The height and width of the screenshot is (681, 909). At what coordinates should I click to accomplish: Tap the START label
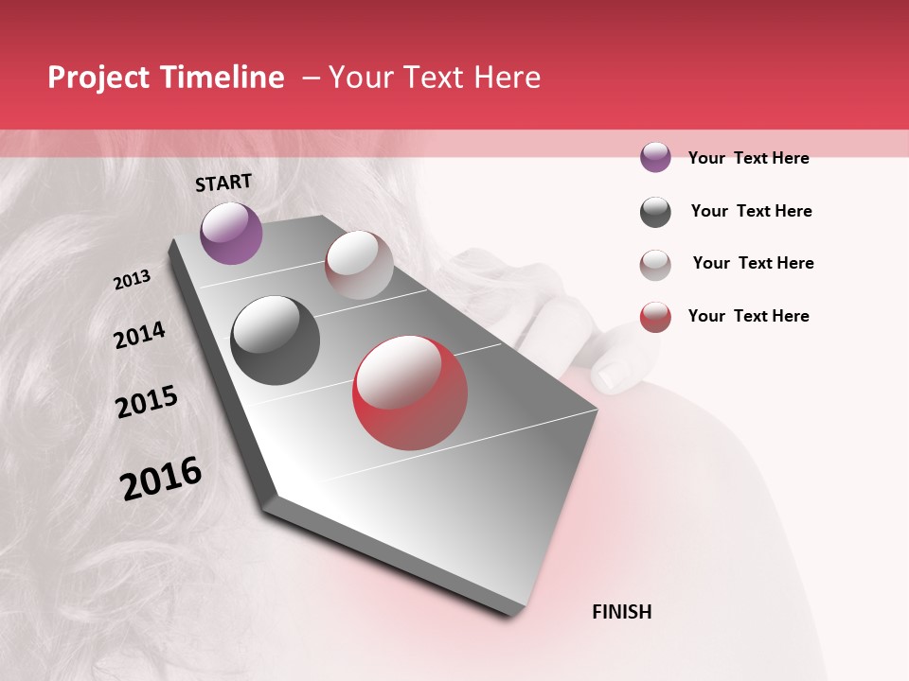click(x=223, y=183)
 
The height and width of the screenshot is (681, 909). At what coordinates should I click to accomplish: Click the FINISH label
click(x=622, y=612)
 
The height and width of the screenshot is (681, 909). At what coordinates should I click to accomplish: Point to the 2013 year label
click(x=133, y=280)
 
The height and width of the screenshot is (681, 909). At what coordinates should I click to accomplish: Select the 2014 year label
click(x=140, y=335)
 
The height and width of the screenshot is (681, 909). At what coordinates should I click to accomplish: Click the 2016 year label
click(x=161, y=479)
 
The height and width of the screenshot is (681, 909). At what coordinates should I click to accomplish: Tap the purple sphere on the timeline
click(x=231, y=233)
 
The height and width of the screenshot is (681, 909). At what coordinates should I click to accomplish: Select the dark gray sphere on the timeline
click(x=275, y=340)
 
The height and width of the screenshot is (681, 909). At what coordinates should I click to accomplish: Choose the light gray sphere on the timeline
click(x=359, y=264)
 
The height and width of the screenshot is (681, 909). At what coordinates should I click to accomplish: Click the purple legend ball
click(x=655, y=157)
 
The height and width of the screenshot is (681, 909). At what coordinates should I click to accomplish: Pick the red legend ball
click(x=655, y=317)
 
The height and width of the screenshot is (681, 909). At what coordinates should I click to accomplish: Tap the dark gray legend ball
click(x=655, y=212)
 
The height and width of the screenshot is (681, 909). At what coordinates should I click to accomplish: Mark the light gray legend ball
click(x=655, y=265)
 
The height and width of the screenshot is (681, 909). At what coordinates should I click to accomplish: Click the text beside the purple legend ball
click(x=748, y=158)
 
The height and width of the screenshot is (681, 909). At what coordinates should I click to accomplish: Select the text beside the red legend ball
click(x=748, y=316)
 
